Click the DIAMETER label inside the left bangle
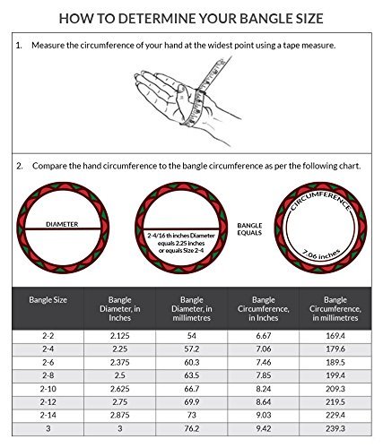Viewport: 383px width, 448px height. click(62, 224)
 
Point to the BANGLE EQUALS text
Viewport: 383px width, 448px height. click(249, 229)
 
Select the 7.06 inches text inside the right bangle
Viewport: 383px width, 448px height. click(321, 254)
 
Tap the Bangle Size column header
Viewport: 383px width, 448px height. click(48, 300)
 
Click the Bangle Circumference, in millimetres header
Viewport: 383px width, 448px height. click(335, 309)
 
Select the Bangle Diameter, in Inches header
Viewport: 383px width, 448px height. click(119, 309)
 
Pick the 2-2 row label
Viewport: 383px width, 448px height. click(48, 336)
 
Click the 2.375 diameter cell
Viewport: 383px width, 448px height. click(119, 362)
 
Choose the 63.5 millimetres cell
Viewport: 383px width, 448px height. click(192, 375)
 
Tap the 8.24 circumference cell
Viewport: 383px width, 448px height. click(264, 389)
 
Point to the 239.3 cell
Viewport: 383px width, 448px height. click(335, 428)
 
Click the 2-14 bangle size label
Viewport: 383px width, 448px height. click(48, 415)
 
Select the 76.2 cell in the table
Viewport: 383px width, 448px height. click(192, 428)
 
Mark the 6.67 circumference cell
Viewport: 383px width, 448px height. click(264, 336)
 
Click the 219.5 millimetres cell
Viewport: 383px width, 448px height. click(335, 402)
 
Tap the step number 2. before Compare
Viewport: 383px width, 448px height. click(20, 166)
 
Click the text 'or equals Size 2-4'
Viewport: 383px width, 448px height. click(181, 251)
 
